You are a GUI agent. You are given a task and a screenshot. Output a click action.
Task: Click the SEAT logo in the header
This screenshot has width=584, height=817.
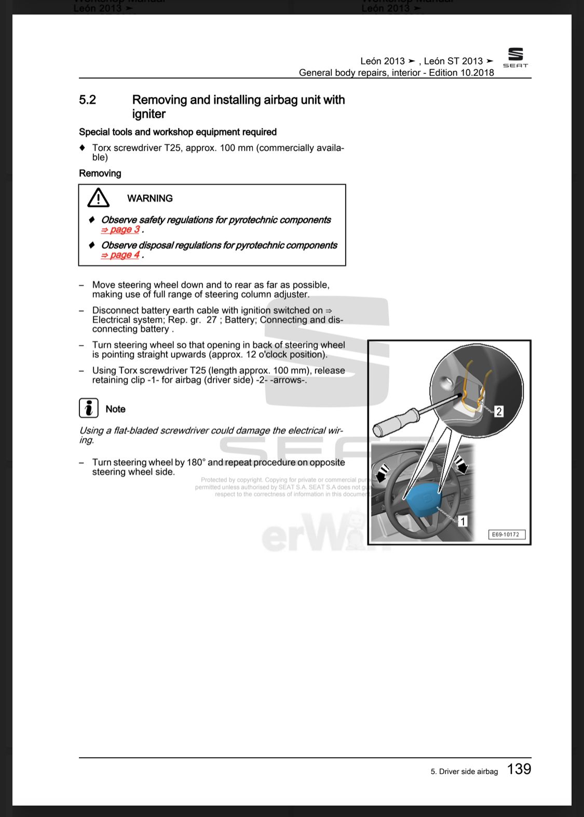coord(515,57)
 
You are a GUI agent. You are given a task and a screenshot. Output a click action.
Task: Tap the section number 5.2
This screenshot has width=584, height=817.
coord(87,100)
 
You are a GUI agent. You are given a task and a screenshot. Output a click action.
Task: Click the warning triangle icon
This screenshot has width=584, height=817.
coord(98,198)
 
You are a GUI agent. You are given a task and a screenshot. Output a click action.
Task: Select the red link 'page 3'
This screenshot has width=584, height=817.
coord(120,230)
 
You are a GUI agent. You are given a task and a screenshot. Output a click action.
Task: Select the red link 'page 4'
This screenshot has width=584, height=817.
coord(120,255)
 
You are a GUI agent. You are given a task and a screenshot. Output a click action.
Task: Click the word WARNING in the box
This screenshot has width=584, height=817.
coord(150,198)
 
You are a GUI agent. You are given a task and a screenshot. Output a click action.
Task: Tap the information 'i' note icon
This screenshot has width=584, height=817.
coord(89,408)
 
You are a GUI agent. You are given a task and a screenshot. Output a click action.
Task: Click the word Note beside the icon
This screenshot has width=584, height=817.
coord(115,409)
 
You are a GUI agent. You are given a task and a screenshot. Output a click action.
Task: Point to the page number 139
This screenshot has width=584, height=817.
coord(519,769)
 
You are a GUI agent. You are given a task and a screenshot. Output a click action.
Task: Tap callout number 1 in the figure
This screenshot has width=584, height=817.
coord(463,520)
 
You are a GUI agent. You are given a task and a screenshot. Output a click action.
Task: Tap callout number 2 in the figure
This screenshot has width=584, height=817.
coord(499,411)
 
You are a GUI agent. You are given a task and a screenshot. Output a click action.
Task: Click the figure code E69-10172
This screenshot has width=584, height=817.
coord(506,534)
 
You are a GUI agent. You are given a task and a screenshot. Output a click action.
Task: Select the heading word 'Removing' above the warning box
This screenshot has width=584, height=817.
coord(100,173)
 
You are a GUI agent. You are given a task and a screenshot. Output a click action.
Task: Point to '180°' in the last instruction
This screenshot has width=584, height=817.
coord(196,462)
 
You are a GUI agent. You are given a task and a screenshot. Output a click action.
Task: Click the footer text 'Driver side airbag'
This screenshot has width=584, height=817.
coord(468,771)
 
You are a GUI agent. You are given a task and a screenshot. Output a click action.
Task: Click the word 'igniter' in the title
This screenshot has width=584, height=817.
coord(148,114)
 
